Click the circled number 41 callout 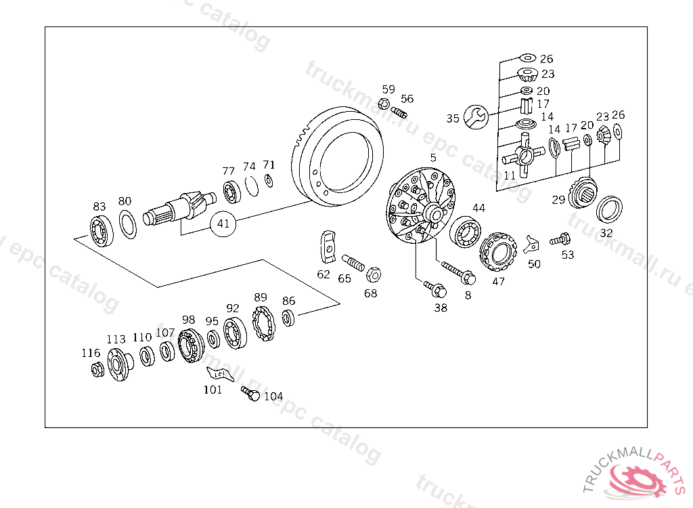[x=223, y=223]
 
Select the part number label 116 [x=91, y=354]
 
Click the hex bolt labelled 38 [x=434, y=289]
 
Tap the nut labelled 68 [x=372, y=274]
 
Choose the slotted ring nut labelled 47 [x=498, y=253]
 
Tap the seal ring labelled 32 [x=609, y=209]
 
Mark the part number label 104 [x=273, y=397]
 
